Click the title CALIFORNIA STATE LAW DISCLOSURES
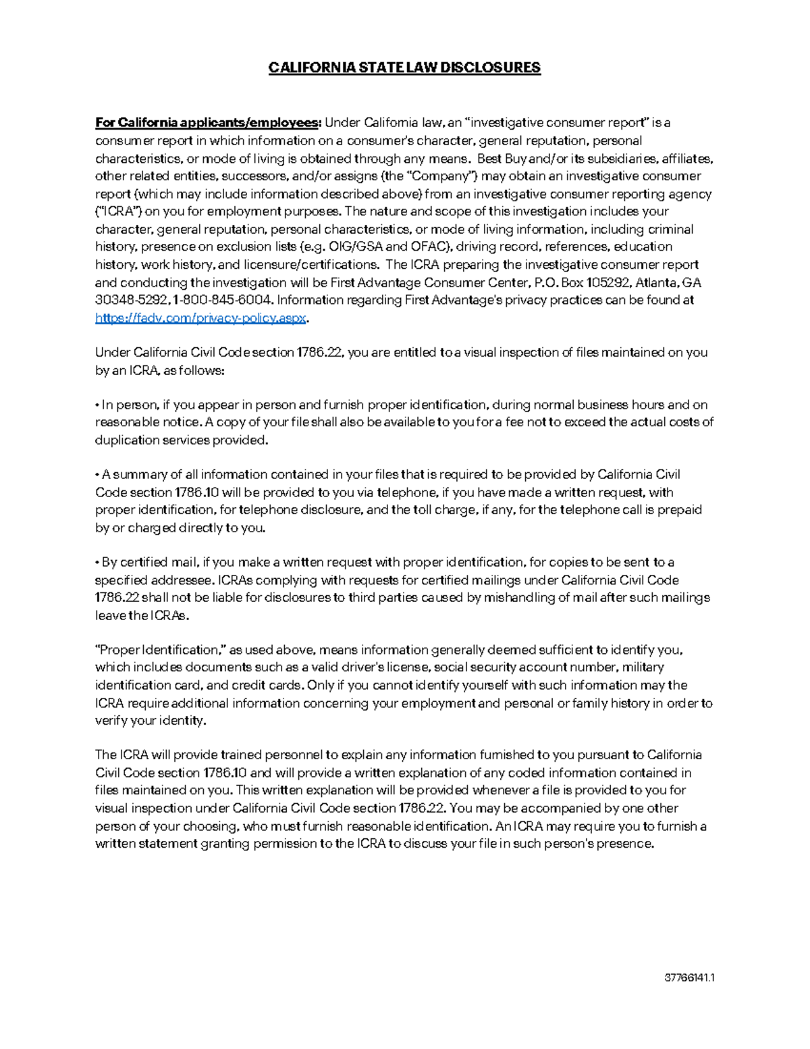pos(404,68)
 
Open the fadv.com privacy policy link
pos(201,318)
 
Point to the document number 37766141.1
pos(690,978)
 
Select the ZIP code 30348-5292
pos(132,300)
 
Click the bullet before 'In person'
pos(97,405)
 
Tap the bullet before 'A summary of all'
pos(97,475)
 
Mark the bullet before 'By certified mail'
pos(97,563)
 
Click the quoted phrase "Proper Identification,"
pos(161,650)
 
